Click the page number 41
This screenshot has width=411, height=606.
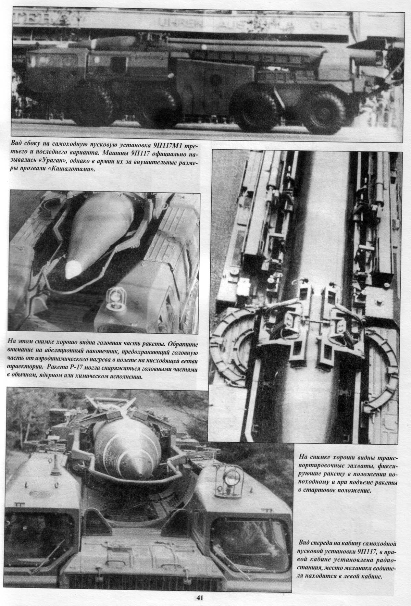pos(200,598)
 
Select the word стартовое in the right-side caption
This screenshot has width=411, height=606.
pos(322,490)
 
